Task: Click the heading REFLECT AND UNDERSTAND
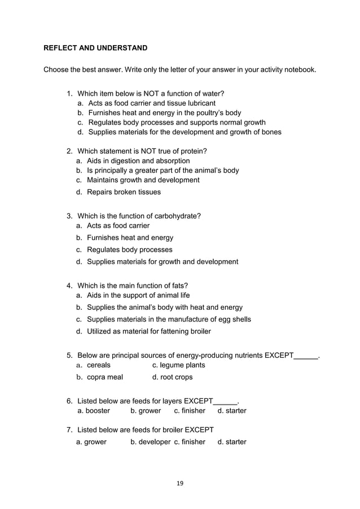coord(95,48)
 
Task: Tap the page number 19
coord(180,483)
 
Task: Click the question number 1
coord(69,93)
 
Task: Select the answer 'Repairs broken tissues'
coord(124,192)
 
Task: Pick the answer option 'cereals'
coord(99,365)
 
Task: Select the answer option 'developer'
coord(150,442)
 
